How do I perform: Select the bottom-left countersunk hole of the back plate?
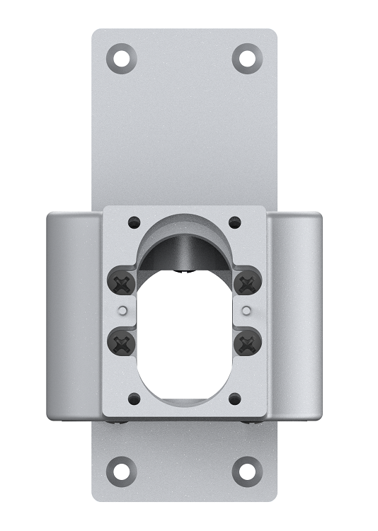[122, 470]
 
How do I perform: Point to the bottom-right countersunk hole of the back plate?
[246, 470]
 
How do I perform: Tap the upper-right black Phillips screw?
[246, 284]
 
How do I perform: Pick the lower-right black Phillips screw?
[246, 344]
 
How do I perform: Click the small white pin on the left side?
[124, 309]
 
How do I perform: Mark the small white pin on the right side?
[246, 309]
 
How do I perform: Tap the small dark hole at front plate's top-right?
[235, 223]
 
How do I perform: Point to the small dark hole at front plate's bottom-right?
[235, 399]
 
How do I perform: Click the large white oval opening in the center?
[185, 333]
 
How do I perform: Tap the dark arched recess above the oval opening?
[185, 248]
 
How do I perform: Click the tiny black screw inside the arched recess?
[185, 270]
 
